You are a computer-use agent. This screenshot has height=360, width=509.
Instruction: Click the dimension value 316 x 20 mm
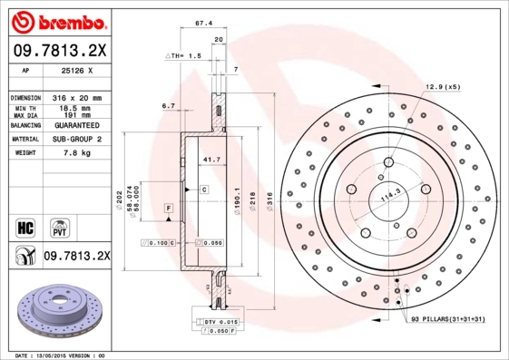pyautogui.click(x=73, y=97)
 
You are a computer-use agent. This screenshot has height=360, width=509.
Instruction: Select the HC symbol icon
pyautogui.click(x=26, y=227)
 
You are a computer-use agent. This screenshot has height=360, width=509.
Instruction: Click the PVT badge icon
pyautogui.click(x=58, y=228)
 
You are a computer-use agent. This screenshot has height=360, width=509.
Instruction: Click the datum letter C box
pyautogui.click(x=204, y=190)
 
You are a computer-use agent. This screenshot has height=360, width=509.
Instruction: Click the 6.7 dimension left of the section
pyautogui.click(x=168, y=107)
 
